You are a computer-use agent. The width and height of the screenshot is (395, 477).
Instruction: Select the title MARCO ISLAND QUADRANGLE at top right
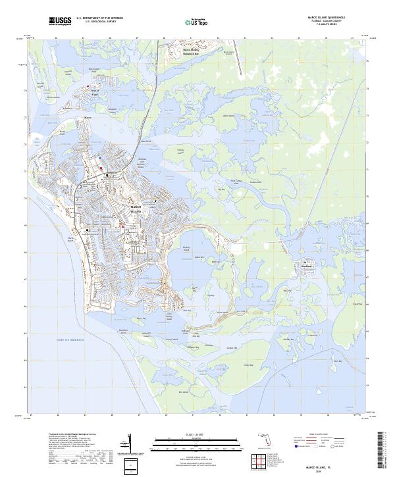point(326,18)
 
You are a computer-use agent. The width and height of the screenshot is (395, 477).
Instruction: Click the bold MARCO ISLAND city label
point(136,209)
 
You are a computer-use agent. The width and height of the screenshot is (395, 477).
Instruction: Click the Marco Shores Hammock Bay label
point(191,51)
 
